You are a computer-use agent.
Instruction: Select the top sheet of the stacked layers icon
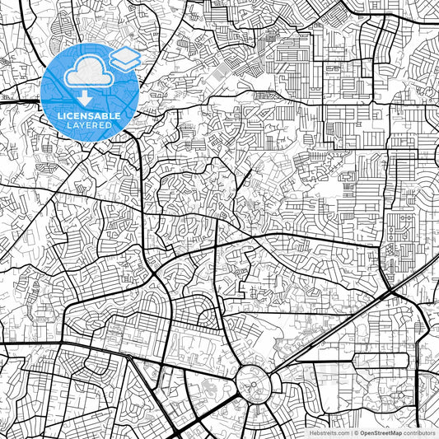124,55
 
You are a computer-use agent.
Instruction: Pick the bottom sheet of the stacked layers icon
124,63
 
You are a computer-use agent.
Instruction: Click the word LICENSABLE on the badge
89,116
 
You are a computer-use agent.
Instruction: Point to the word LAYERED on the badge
89,125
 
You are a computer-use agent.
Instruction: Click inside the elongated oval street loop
387,360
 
